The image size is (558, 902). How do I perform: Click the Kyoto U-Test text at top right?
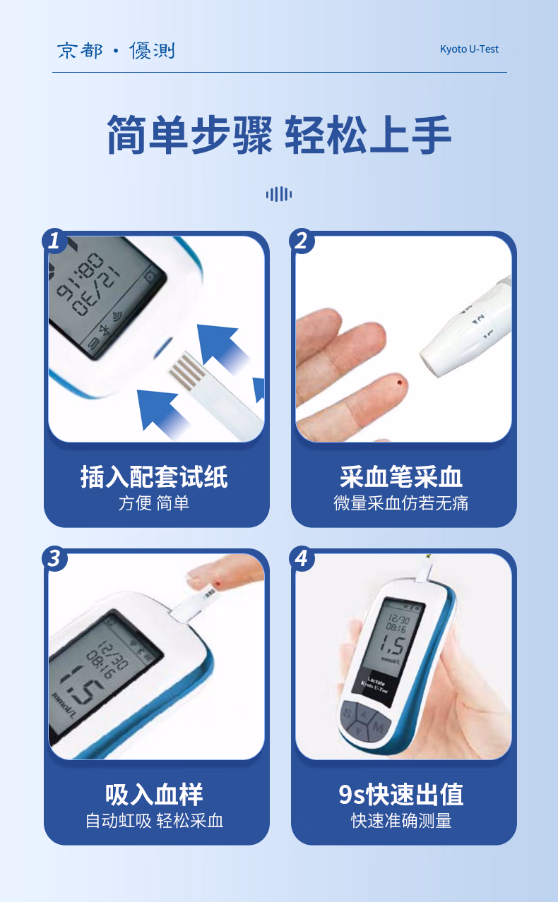tap(469, 49)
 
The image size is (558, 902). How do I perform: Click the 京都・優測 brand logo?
tap(116, 51)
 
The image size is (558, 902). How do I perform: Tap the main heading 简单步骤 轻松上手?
tap(279, 135)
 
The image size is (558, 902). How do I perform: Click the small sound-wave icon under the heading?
tap(279, 194)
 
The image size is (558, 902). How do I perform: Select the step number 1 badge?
tap(55, 241)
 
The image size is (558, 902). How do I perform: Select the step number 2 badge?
tap(302, 241)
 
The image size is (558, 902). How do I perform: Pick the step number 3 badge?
tap(55, 559)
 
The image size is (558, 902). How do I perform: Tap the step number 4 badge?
tap(302, 559)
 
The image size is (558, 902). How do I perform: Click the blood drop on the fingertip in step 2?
tap(400, 383)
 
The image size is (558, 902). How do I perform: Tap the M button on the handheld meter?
tap(379, 728)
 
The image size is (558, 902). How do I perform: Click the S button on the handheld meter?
tap(348, 713)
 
